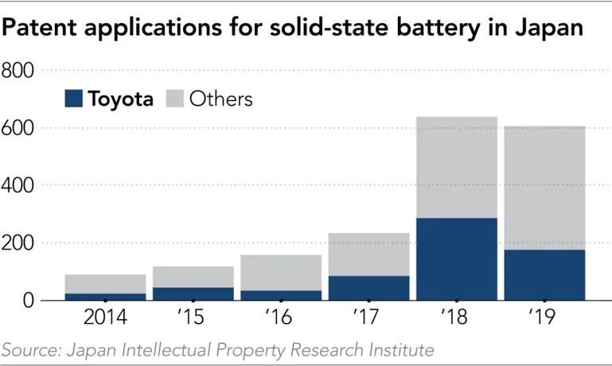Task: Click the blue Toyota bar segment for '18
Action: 457,259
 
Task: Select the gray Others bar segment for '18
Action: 457,167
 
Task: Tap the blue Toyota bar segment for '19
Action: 544,274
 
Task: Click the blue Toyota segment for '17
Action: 368,287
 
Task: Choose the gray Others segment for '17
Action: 368,254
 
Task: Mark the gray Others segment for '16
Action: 281,272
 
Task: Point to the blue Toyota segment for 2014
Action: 105,296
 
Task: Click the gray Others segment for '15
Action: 193,276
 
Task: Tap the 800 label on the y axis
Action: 21,72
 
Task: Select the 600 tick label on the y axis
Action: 21,129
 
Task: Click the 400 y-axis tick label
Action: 21,186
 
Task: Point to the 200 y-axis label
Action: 21,243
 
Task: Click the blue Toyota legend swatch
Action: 73,99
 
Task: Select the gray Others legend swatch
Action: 174,99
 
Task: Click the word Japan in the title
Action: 544,28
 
